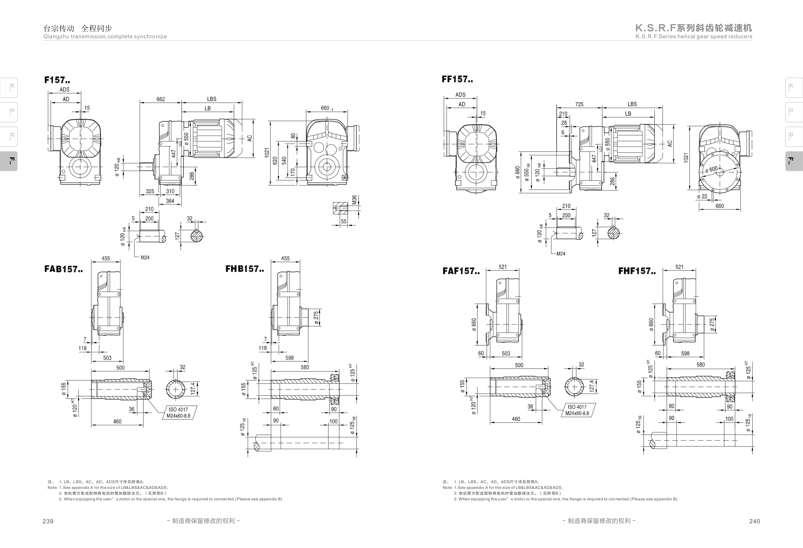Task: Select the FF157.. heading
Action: (457, 79)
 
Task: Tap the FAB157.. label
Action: (63, 269)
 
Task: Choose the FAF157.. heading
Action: (461, 271)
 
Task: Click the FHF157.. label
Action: (637, 271)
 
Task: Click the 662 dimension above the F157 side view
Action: (161, 99)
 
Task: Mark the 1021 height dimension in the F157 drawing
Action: (267, 153)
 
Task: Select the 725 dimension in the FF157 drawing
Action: (579, 104)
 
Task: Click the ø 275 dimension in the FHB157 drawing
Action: (316, 318)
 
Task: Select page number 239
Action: (48, 521)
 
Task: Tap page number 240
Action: (754, 521)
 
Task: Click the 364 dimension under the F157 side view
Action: (170, 201)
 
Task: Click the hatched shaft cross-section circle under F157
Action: (197, 236)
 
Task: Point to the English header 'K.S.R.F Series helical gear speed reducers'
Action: (694, 37)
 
